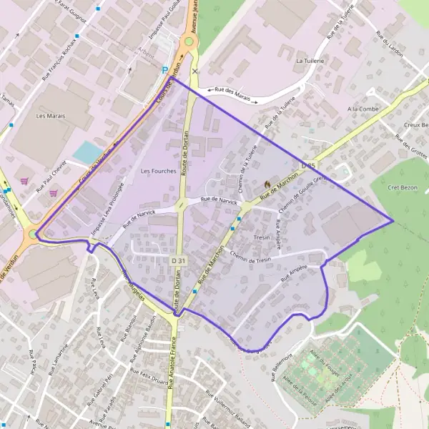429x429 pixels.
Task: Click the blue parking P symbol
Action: [x=165, y=70]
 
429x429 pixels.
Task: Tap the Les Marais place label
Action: [x=50, y=116]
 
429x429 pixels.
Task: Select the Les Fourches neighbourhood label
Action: [x=158, y=171]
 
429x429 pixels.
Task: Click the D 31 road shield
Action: [x=179, y=261]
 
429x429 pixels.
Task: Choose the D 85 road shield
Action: [x=308, y=166]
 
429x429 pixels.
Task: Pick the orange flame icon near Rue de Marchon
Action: [x=267, y=184]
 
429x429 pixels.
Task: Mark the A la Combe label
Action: [x=361, y=109]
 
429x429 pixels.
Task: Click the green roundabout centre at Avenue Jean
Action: [x=189, y=41]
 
